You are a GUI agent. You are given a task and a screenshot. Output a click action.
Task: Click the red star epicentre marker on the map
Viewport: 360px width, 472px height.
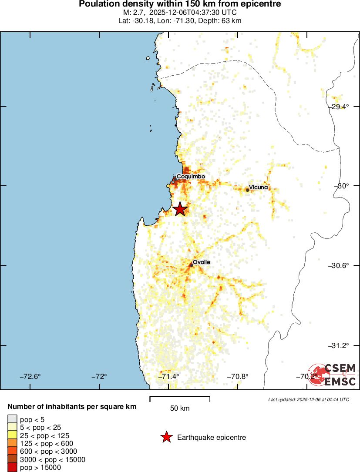180,209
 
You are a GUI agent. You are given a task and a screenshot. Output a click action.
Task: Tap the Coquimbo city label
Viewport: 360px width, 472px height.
191,176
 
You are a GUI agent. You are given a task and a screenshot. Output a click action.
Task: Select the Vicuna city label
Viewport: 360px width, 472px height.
259,187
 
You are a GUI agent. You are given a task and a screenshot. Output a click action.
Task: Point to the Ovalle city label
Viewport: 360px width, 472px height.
202,262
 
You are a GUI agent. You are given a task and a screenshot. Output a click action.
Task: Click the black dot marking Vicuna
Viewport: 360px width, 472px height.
247,190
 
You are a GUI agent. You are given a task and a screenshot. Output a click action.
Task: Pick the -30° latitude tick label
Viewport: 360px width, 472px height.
343,186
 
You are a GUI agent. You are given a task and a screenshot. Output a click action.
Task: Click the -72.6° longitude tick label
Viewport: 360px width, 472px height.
31,376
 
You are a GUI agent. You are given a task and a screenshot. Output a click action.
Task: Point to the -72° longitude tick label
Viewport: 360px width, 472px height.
101,376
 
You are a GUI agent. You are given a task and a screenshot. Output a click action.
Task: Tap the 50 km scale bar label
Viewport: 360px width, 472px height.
180,408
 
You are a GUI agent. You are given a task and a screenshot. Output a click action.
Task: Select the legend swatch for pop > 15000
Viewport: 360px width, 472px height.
12,468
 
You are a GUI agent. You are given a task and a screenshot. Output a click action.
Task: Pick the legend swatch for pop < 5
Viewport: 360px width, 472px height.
12,419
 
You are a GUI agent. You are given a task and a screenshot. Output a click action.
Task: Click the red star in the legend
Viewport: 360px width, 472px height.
166,437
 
